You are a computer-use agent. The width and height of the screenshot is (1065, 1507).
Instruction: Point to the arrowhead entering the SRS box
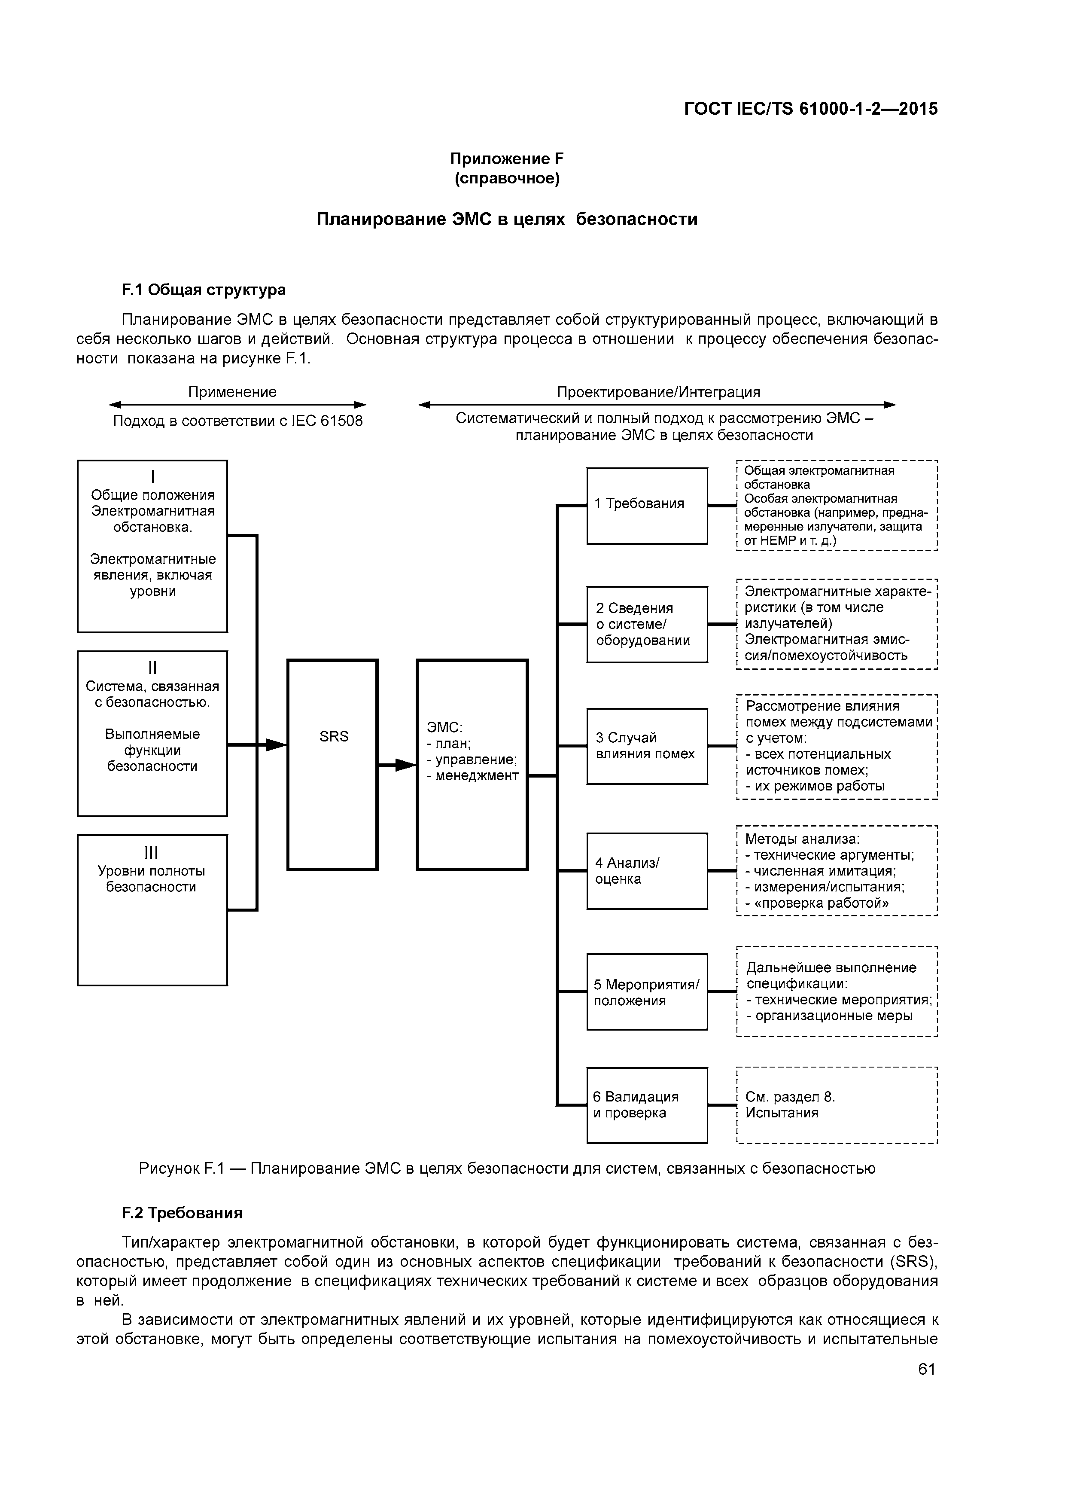[x=277, y=744]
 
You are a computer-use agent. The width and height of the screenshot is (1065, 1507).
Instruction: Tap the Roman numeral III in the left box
[x=152, y=852]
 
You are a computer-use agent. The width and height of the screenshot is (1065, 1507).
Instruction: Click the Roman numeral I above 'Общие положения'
[x=152, y=476]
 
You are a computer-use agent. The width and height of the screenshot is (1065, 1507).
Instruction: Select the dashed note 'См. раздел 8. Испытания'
[x=837, y=1105]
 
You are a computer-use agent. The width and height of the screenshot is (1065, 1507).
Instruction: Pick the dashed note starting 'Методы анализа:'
[x=837, y=870]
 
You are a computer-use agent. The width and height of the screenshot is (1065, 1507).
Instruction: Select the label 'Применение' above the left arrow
[x=232, y=392]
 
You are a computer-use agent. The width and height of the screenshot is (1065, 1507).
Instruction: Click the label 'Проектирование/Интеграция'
[x=658, y=392]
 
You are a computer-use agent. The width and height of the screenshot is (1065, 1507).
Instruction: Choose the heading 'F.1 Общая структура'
[x=204, y=290]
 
